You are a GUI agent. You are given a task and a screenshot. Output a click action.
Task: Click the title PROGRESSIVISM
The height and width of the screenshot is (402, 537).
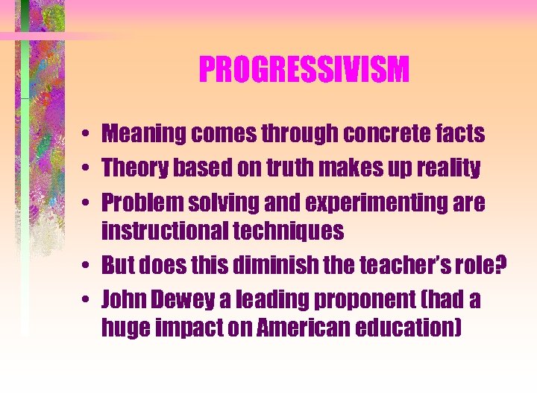304,71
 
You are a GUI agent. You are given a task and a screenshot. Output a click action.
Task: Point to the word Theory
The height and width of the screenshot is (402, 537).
135,168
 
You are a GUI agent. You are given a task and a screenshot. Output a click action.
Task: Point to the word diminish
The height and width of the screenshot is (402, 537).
271,266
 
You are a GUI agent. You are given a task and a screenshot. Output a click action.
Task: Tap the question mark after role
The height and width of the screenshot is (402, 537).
500,266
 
